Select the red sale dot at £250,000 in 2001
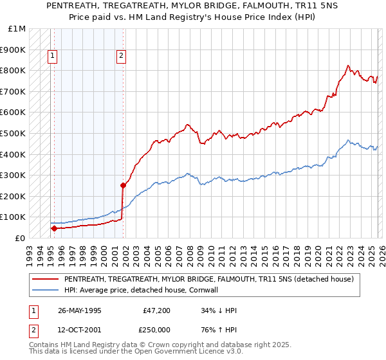pyautogui.click(x=123, y=185)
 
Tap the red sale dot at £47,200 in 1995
pyautogui.click(x=54, y=228)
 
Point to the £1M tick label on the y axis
pyautogui.click(x=17, y=29)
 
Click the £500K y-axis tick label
pyautogui.click(x=15, y=133)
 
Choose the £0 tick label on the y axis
pyautogui.click(x=20, y=238)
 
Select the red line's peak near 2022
pyautogui.click(x=348, y=65)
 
